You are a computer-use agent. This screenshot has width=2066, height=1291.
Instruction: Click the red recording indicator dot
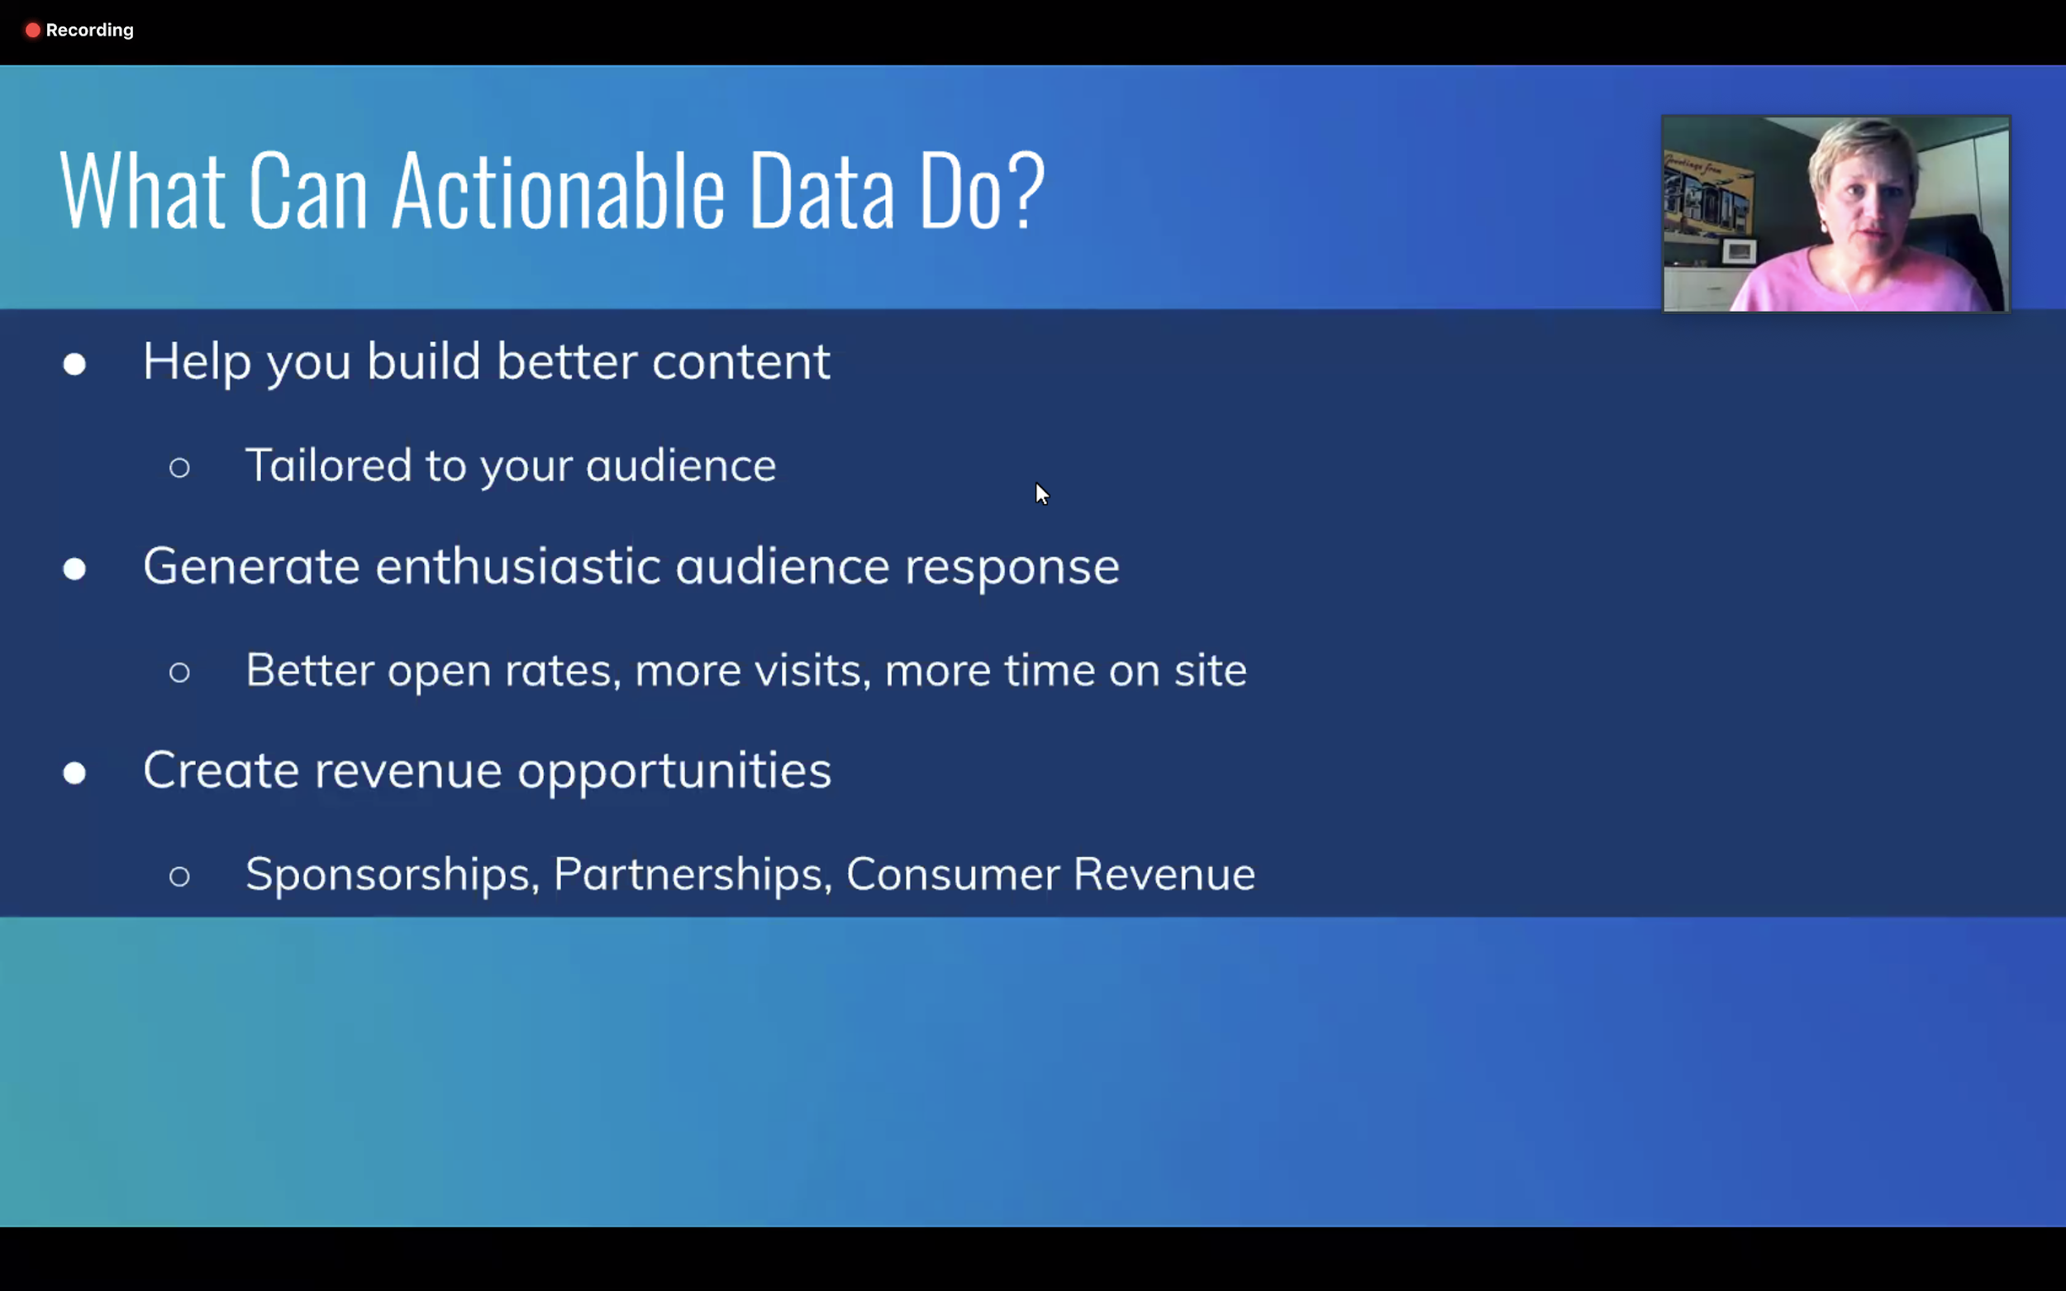coord(32,31)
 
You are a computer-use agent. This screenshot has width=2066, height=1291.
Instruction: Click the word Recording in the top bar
coord(89,31)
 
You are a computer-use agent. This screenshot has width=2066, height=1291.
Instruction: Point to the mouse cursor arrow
coord(1041,493)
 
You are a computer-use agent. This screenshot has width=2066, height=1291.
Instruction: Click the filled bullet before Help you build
coord(74,364)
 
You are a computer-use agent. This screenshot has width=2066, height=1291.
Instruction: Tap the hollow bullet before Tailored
coord(179,467)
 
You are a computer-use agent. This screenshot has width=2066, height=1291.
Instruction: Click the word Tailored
coord(329,465)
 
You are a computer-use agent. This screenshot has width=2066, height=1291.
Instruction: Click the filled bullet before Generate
coord(74,569)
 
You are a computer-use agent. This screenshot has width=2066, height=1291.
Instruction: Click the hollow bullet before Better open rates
coord(179,672)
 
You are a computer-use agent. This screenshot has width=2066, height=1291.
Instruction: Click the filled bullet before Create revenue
coord(74,773)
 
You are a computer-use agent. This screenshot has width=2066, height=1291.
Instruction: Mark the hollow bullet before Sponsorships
coord(179,876)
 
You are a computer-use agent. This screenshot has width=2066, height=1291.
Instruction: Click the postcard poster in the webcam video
coord(1707,195)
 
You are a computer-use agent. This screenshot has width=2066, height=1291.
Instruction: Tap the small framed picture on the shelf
coord(1739,251)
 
